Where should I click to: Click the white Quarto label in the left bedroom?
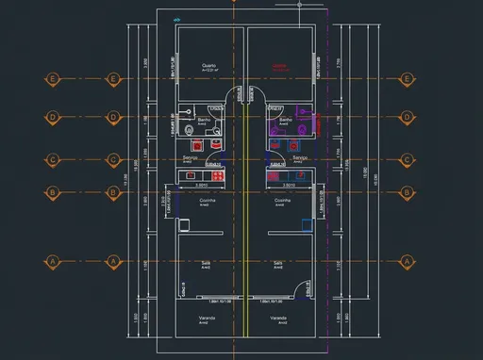pyautogui.click(x=208, y=66)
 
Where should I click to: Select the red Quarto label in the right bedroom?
pyautogui.click(x=280, y=66)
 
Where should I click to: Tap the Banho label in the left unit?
pyautogui.click(x=204, y=120)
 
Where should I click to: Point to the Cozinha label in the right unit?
pyautogui.click(x=282, y=201)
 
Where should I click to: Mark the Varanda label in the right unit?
pyautogui.click(x=277, y=319)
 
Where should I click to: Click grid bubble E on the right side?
pyautogui.click(x=408, y=79)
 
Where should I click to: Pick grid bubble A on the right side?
pyautogui.click(x=408, y=260)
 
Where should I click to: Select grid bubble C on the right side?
pyautogui.click(x=408, y=159)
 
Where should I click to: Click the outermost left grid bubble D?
pyautogui.click(x=53, y=118)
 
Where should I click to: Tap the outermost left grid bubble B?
pyautogui.click(x=53, y=192)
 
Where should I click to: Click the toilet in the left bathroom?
pyautogui.click(x=190, y=129)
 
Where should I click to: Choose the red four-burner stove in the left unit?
pyautogui.click(x=217, y=175)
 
